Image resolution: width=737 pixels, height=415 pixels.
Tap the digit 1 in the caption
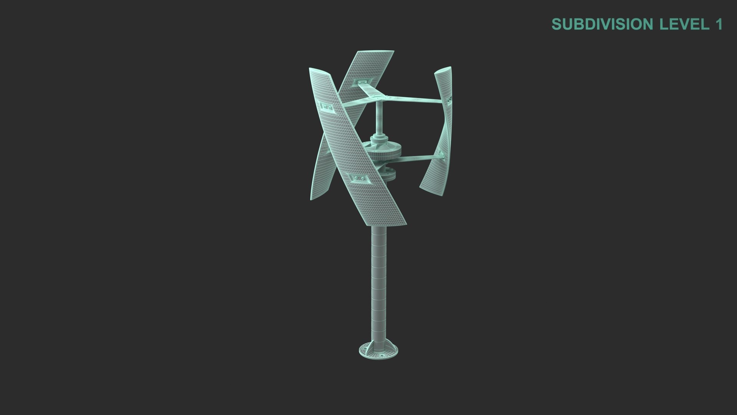(x=718, y=24)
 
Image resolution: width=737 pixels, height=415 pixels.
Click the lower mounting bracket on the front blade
(x=357, y=178)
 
